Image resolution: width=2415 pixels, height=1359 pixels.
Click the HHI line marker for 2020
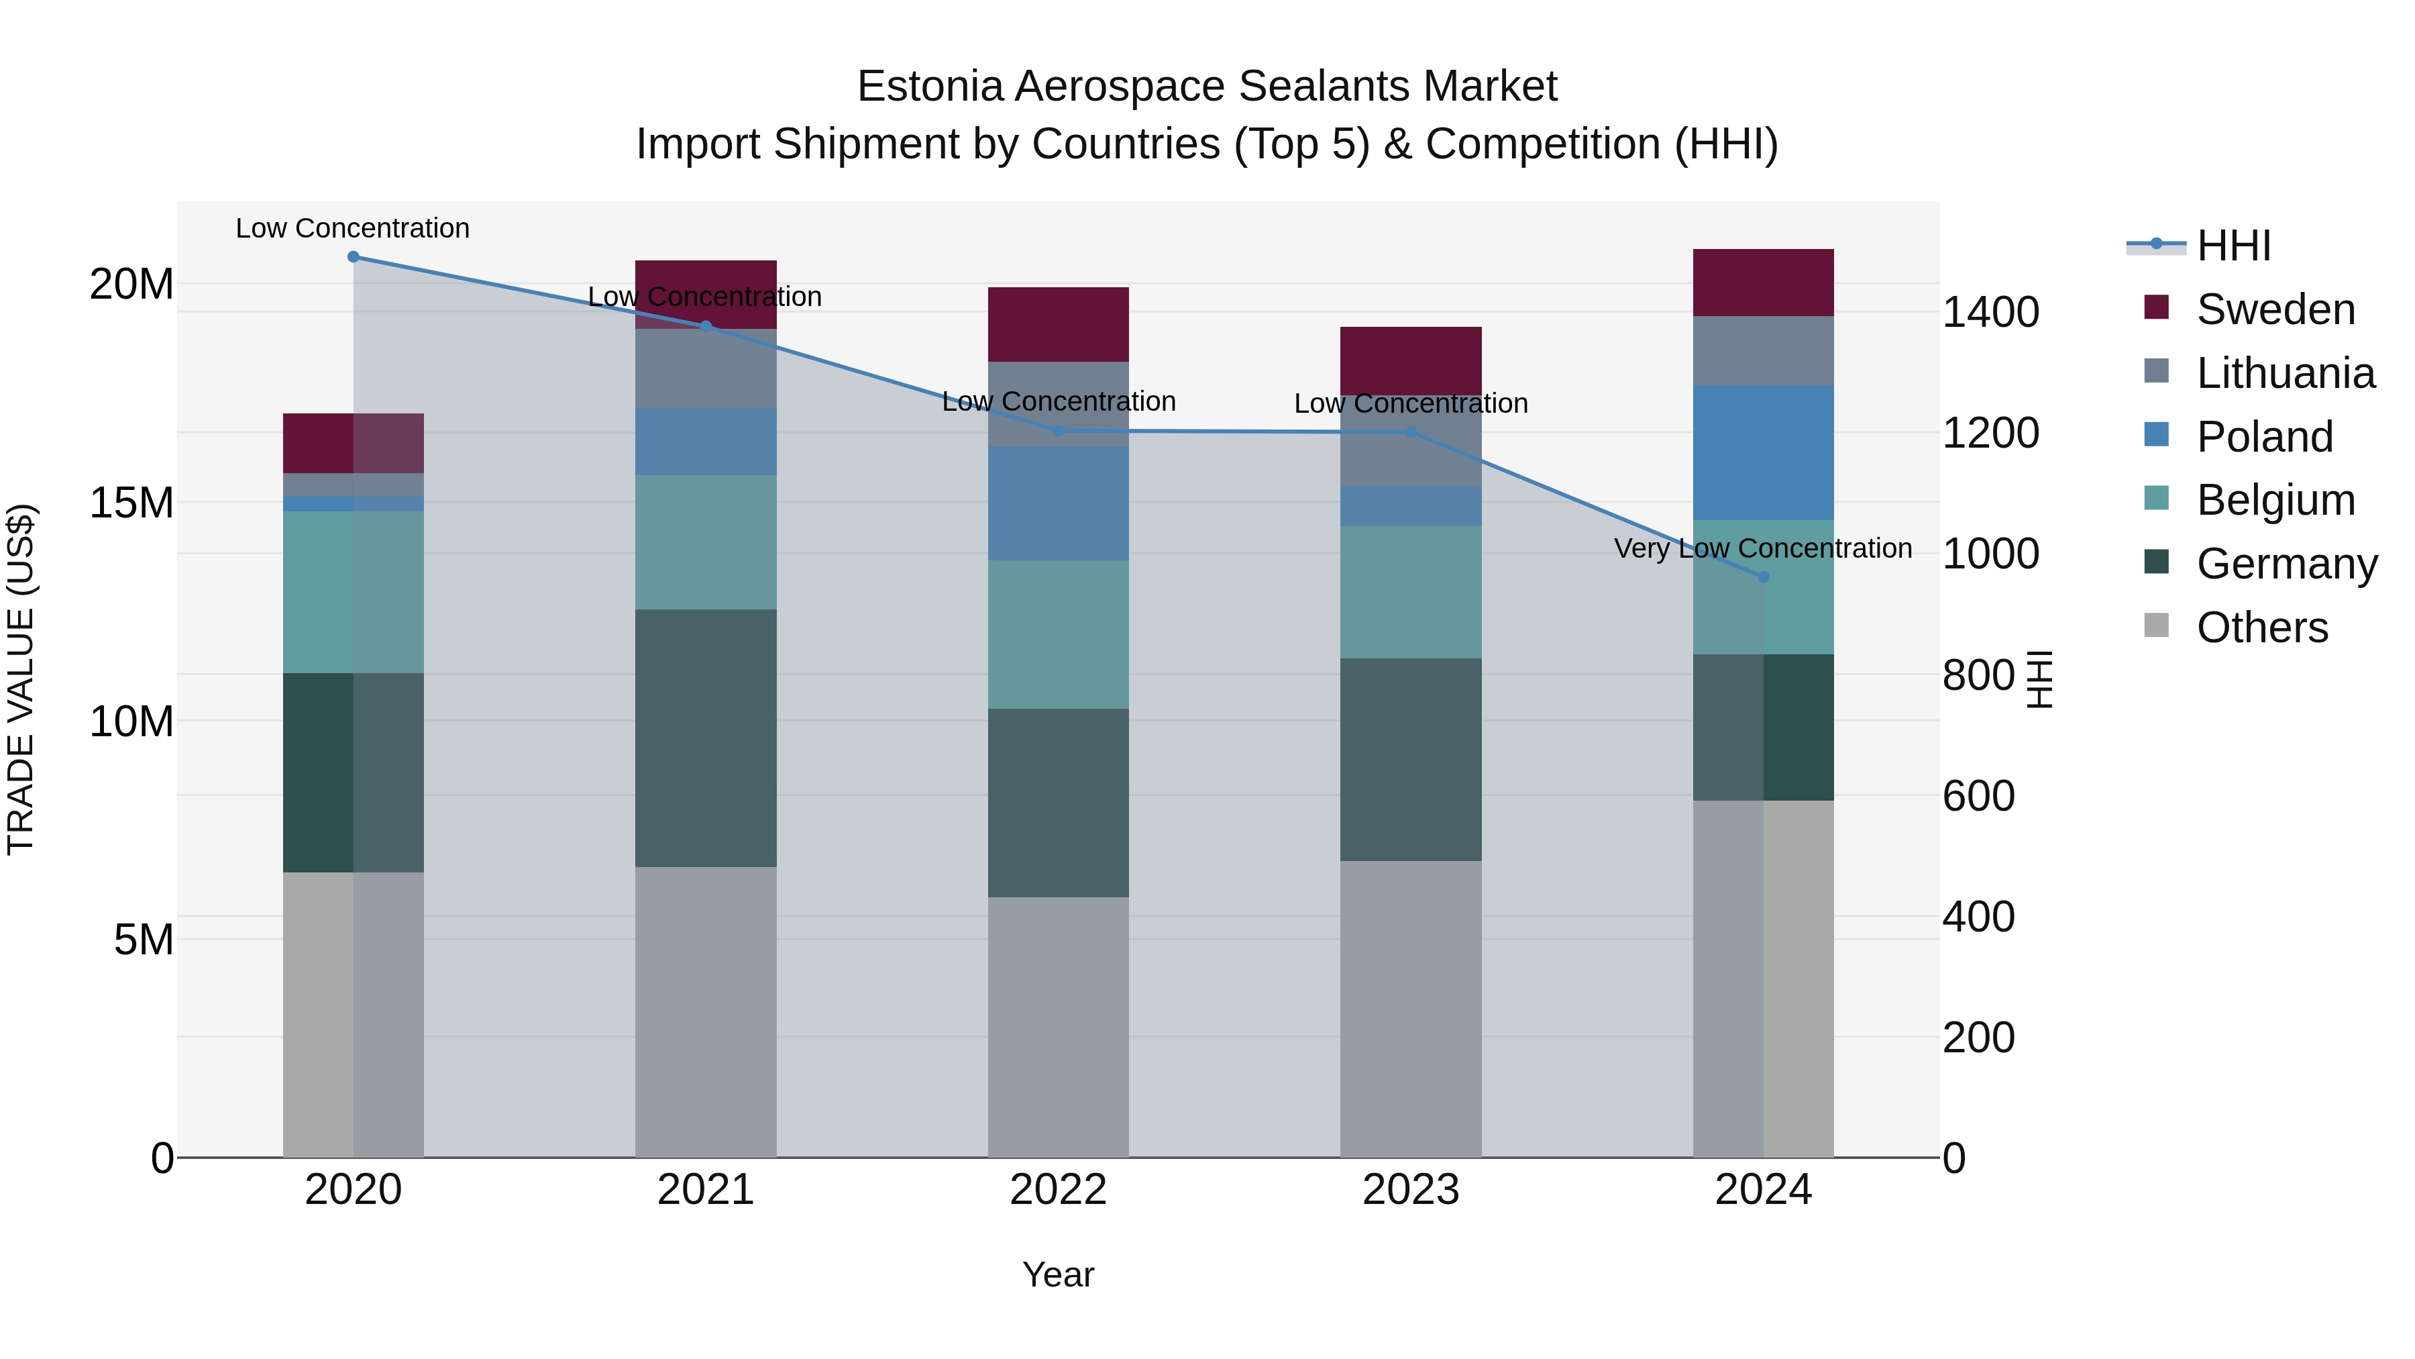coord(354,257)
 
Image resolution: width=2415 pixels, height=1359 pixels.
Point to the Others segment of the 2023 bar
coord(1410,1008)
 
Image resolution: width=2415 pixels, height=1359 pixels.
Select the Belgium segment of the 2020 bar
coord(354,592)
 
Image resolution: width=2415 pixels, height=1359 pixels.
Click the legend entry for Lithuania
coord(2285,373)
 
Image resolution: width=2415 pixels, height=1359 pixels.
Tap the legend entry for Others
coord(2261,627)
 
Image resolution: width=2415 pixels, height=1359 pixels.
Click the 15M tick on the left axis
coord(131,503)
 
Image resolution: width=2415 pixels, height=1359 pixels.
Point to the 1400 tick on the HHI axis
coord(1990,311)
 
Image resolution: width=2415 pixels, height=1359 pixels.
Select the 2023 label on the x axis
coord(1410,1190)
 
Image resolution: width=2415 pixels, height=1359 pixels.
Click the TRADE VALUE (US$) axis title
coord(21,679)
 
